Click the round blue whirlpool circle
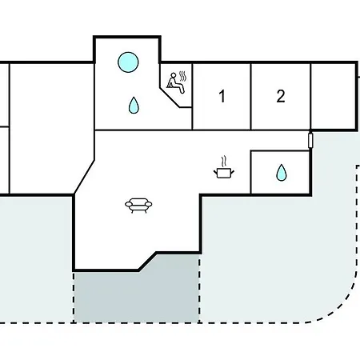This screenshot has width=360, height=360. (128, 62)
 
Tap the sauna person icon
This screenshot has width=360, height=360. (175, 82)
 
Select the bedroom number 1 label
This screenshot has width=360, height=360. (222, 96)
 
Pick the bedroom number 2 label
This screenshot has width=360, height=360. (281, 96)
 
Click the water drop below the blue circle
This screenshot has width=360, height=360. (134, 105)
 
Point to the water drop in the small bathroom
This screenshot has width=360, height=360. (281, 173)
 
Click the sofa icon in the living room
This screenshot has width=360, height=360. (138, 206)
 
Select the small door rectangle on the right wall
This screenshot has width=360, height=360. (310, 141)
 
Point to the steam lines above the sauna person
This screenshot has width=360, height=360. (182, 76)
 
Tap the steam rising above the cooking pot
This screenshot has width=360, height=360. (224, 162)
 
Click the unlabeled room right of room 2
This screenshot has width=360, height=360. (334, 97)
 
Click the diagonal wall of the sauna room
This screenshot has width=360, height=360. (170, 98)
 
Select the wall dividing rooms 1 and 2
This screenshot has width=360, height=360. (251, 97)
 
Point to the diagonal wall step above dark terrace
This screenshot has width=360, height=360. (147, 262)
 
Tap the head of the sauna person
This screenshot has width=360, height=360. (174, 75)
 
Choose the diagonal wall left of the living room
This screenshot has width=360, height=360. (84, 177)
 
